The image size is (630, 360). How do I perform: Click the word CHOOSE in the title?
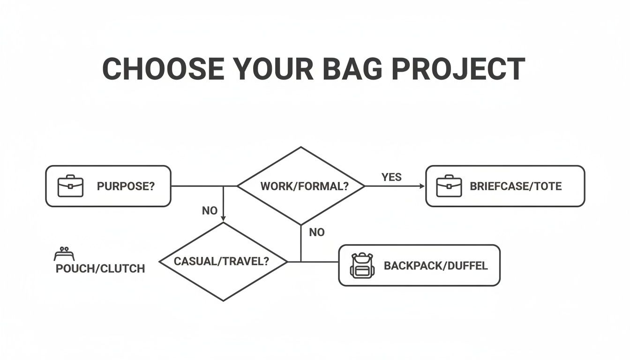(163, 69)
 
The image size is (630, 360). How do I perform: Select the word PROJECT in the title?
(458, 69)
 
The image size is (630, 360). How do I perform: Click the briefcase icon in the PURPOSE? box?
(70, 186)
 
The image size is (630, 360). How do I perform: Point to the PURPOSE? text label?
(126, 186)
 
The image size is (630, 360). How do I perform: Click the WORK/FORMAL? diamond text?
(304, 186)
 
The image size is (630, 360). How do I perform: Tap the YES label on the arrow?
(391, 177)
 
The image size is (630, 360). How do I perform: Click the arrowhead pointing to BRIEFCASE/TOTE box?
(422, 186)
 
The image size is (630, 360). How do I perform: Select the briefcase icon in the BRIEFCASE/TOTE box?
(449, 186)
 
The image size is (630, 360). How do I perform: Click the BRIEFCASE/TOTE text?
(516, 186)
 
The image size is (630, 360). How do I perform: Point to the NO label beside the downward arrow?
(210, 211)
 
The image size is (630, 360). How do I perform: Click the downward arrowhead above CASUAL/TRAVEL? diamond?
(223, 218)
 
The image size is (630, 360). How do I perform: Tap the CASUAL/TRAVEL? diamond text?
(222, 261)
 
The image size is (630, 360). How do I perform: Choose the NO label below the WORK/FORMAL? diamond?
(317, 232)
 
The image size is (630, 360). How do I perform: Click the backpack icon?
(361, 265)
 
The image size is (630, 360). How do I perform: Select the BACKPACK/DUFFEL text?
(435, 266)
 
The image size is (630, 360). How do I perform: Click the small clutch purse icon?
(64, 255)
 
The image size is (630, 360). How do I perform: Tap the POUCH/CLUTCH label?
(100, 269)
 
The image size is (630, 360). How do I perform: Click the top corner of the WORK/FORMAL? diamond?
(300, 148)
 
